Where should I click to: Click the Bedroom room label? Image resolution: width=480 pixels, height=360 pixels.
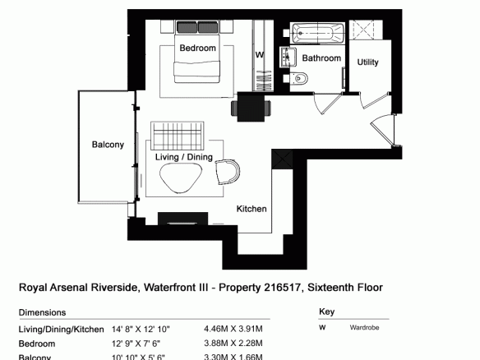click(197, 48)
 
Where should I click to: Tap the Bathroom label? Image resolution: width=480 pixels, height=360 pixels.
click(321, 58)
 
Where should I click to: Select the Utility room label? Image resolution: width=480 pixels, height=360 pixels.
click(367, 62)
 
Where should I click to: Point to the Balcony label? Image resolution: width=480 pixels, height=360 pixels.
click(108, 145)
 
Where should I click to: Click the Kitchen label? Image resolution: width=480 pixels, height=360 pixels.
click(252, 209)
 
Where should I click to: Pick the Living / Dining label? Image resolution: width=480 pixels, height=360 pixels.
click(183, 157)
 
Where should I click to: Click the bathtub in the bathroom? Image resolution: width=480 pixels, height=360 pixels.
click(317, 33)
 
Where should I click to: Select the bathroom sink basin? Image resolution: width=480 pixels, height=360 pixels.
click(288, 57)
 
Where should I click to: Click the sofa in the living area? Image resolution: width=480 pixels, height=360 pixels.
click(178, 136)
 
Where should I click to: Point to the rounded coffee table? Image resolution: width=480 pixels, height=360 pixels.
click(181, 178)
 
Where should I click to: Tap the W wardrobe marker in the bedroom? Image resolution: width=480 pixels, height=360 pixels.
click(260, 55)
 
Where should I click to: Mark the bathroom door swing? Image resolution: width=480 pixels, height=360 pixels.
click(328, 103)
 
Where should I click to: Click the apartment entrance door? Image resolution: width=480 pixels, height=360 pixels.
click(383, 130)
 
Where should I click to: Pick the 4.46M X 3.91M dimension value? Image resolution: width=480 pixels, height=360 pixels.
click(233, 329)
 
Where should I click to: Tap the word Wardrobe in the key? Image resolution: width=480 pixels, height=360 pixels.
click(364, 328)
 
